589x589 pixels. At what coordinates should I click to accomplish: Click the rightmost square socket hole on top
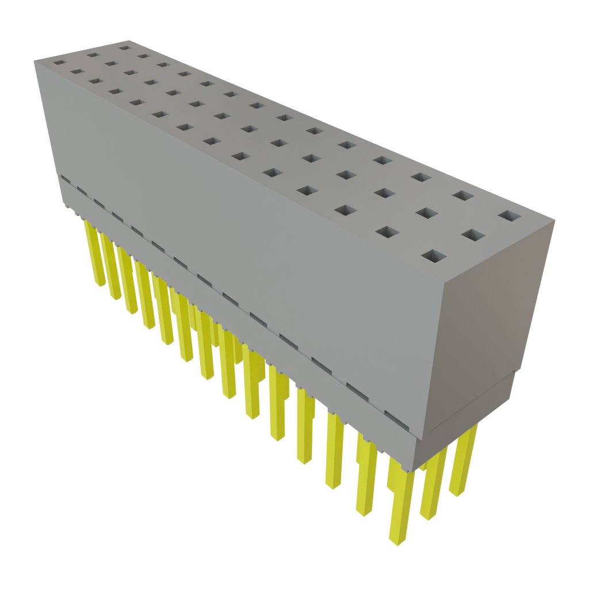point(509,216)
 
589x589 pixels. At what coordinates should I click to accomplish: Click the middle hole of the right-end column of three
point(472,235)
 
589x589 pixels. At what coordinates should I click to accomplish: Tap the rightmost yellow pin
point(463,460)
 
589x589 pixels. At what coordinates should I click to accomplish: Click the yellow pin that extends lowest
point(401,506)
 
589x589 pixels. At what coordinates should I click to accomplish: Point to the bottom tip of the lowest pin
point(399,545)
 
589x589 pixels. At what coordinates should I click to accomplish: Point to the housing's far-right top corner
point(554,219)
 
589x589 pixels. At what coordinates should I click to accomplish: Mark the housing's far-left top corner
point(34,59)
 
